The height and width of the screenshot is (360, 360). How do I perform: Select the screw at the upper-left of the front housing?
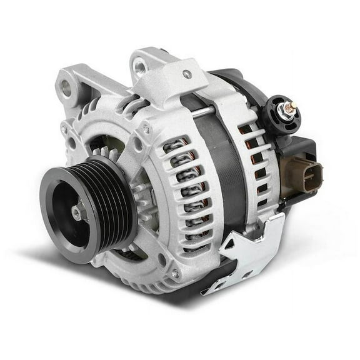tap(64, 129)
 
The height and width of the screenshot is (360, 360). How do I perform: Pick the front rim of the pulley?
tap(59, 225)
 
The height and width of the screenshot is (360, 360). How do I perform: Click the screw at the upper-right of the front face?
tap(146, 129)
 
